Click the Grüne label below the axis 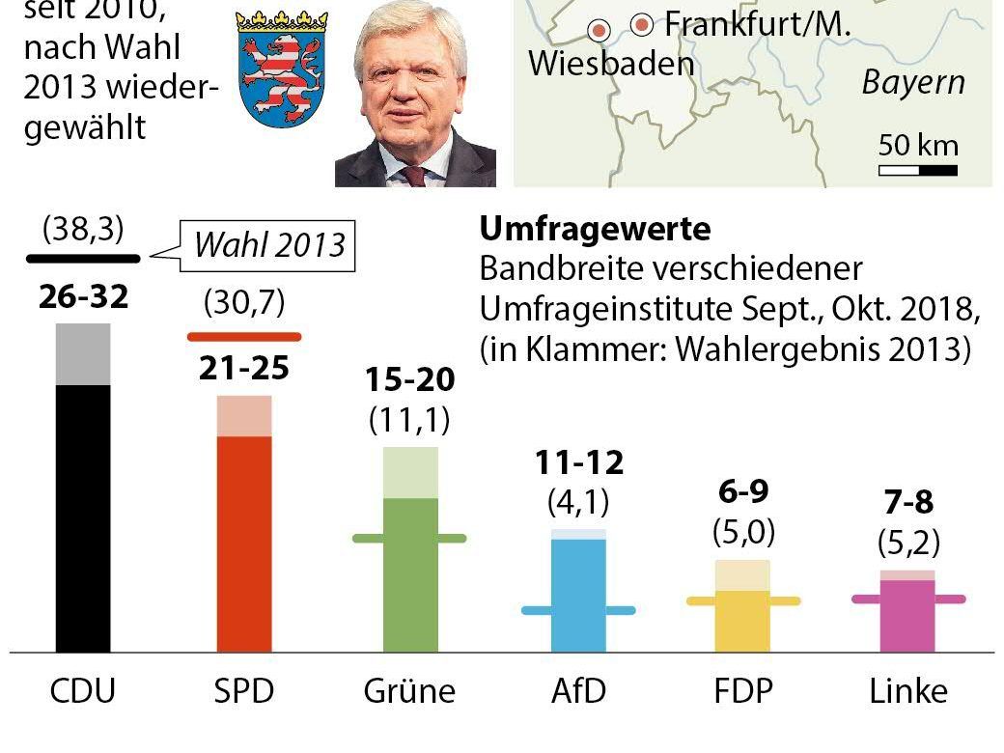(409, 691)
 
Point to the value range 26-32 (83, 297)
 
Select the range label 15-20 (409, 380)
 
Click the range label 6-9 (742, 492)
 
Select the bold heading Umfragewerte (595, 229)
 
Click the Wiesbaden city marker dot (600, 31)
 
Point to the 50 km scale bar (918, 171)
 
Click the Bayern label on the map (913, 83)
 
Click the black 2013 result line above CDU (83, 258)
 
